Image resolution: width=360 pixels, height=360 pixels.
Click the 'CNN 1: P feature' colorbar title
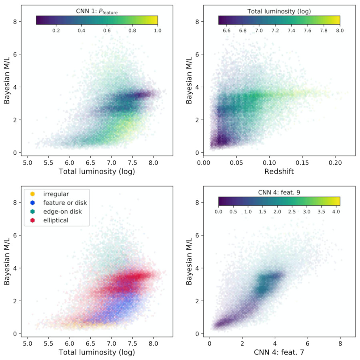[97, 12]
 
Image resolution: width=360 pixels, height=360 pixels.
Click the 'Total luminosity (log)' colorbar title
[279, 12]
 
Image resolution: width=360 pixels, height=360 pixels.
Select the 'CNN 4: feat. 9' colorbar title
[279, 192]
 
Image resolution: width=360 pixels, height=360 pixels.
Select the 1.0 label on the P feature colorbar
[157, 30]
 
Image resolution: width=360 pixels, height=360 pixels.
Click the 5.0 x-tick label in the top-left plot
[27, 163]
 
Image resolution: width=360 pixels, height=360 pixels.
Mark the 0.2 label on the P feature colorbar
[56, 30]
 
